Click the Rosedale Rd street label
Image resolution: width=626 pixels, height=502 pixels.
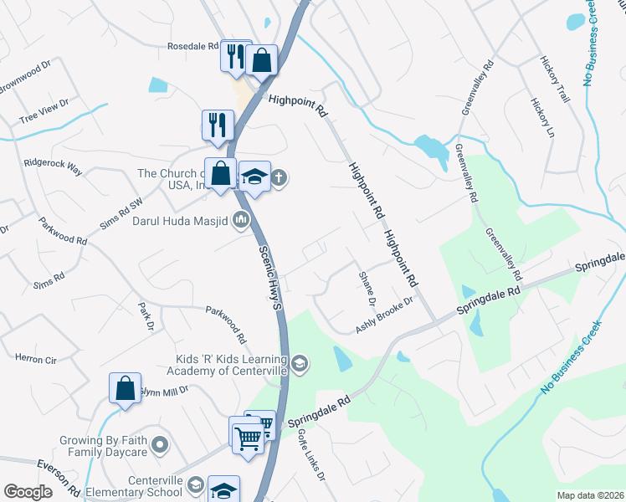(x=192, y=46)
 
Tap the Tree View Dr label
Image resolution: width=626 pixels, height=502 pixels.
(x=43, y=115)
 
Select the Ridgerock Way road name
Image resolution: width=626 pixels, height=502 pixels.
(x=54, y=166)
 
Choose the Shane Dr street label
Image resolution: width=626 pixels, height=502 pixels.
(x=366, y=289)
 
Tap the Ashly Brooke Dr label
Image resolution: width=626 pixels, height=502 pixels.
(x=385, y=315)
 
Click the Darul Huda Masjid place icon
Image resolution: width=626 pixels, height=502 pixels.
(x=242, y=221)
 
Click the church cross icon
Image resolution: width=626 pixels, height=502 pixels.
(x=279, y=177)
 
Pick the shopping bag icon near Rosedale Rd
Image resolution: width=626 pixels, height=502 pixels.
(x=262, y=61)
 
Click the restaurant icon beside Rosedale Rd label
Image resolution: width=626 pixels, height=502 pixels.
(x=236, y=56)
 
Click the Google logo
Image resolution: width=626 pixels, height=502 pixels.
(x=28, y=492)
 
